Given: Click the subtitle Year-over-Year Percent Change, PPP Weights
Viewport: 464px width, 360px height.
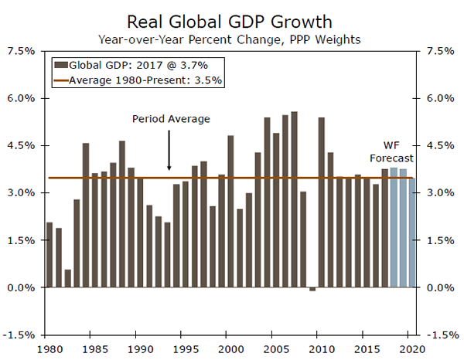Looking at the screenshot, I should point(232,37).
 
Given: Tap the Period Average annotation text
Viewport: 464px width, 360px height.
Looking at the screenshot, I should point(171,118).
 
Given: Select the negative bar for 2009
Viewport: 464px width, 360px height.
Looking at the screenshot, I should point(312,289).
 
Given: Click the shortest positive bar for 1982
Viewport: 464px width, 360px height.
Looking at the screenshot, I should point(68,278).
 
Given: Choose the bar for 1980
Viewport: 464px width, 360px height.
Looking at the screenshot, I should point(49,255).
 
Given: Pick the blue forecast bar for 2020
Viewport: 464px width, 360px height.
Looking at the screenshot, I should point(411,233).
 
